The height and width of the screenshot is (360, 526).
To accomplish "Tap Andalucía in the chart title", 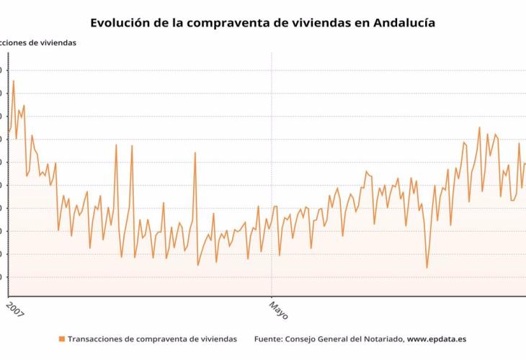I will point(404,23).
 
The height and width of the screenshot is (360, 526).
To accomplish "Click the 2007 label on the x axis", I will point(14,310).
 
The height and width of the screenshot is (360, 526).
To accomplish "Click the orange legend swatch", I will point(61,338).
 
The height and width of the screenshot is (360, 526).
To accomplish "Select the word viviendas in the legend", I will point(216,338).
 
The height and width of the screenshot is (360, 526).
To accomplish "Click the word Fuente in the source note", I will point(269,338).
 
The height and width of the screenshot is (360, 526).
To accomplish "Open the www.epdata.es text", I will point(437,338).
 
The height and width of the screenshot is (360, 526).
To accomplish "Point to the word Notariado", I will point(379,338).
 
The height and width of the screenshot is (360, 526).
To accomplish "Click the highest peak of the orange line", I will point(13,81).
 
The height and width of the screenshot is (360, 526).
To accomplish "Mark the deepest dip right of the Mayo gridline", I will point(427,268).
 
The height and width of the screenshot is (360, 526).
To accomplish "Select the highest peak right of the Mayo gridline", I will point(479,127).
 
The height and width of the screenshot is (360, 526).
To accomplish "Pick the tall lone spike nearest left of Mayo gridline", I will point(195,152).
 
